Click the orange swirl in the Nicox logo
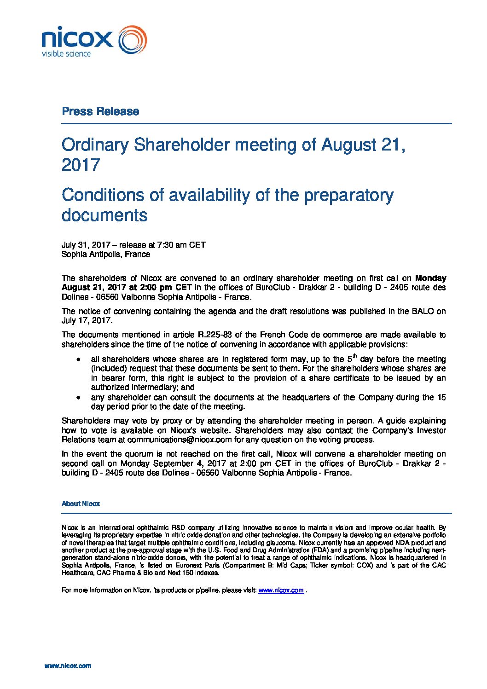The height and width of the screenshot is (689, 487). (133, 40)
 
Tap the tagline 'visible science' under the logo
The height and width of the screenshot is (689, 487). (66, 54)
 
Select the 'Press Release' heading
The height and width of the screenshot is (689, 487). (100, 111)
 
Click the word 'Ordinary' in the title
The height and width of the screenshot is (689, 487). (95, 145)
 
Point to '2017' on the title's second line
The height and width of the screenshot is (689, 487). (81, 165)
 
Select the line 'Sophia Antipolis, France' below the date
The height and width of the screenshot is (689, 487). (106, 254)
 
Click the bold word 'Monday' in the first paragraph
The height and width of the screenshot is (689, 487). (430, 278)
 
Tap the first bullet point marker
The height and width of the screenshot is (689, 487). (78, 359)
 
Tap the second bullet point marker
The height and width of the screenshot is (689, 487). (78, 397)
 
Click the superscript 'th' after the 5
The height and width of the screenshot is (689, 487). (354, 355)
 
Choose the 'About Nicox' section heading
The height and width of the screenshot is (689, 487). (81, 504)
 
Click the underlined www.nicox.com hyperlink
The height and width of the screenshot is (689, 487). (281, 590)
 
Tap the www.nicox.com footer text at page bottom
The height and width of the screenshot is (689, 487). (68, 666)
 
